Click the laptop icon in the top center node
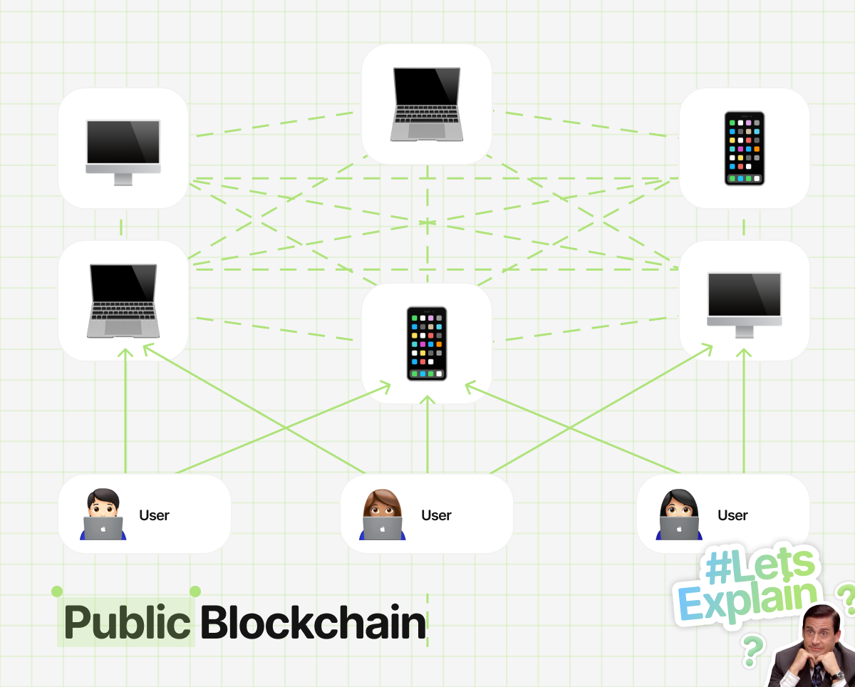coord(427,104)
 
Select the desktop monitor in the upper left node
coord(123,153)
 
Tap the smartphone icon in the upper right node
coord(745,148)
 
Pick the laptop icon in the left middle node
coord(123,301)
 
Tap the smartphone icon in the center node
coord(427,343)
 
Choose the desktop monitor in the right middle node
coord(745,305)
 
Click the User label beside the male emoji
coord(154,515)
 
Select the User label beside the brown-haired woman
coord(436,515)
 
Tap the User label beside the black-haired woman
coord(732,515)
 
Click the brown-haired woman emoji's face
coord(382,506)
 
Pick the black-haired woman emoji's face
coord(678,507)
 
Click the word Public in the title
coord(127,623)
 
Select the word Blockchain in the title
coord(313,622)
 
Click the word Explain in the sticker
coord(747,602)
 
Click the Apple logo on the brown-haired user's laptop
coord(383,529)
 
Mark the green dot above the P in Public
coord(57,592)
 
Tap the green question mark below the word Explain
coord(752,651)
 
